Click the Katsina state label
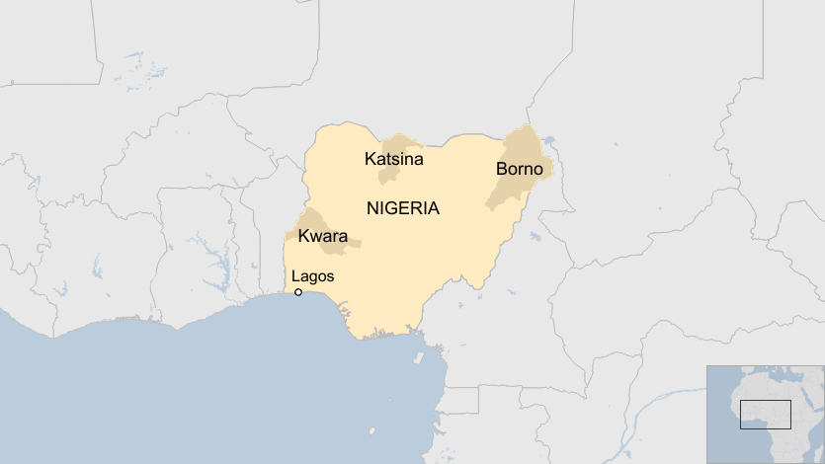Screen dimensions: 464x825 coord(393,159)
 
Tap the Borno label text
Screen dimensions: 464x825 coord(519,170)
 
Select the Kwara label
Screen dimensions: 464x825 coord(322,236)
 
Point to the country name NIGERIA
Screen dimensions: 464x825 coord(402,209)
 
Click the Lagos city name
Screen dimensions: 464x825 coord(313,276)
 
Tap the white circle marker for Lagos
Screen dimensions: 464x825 coord(298,292)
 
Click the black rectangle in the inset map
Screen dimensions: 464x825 coord(766,414)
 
